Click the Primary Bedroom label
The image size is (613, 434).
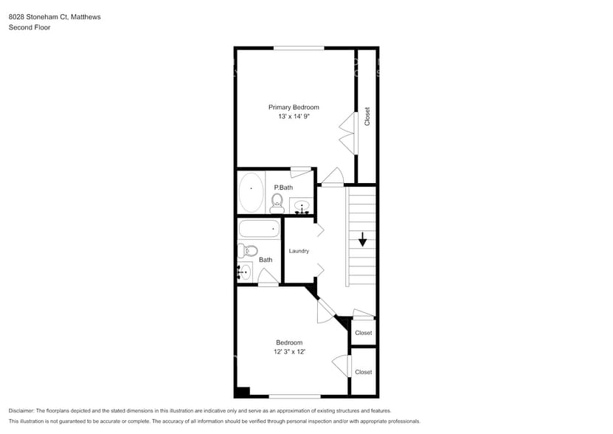point(294,107)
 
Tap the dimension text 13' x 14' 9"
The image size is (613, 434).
point(294,117)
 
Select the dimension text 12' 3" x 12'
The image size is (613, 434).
point(289,352)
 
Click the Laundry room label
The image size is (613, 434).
point(299,251)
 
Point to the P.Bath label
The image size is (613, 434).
point(283,187)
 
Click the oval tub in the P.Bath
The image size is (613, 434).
point(252,192)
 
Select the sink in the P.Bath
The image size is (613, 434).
point(302,206)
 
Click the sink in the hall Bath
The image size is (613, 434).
point(244,272)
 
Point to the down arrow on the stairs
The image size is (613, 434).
point(363,240)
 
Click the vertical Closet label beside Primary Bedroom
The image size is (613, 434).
point(367,117)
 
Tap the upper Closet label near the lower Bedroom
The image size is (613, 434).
point(364,333)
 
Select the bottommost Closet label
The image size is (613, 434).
point(364,372)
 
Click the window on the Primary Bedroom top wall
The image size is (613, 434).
point(299,49)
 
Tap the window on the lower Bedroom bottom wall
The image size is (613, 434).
point(294,396)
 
